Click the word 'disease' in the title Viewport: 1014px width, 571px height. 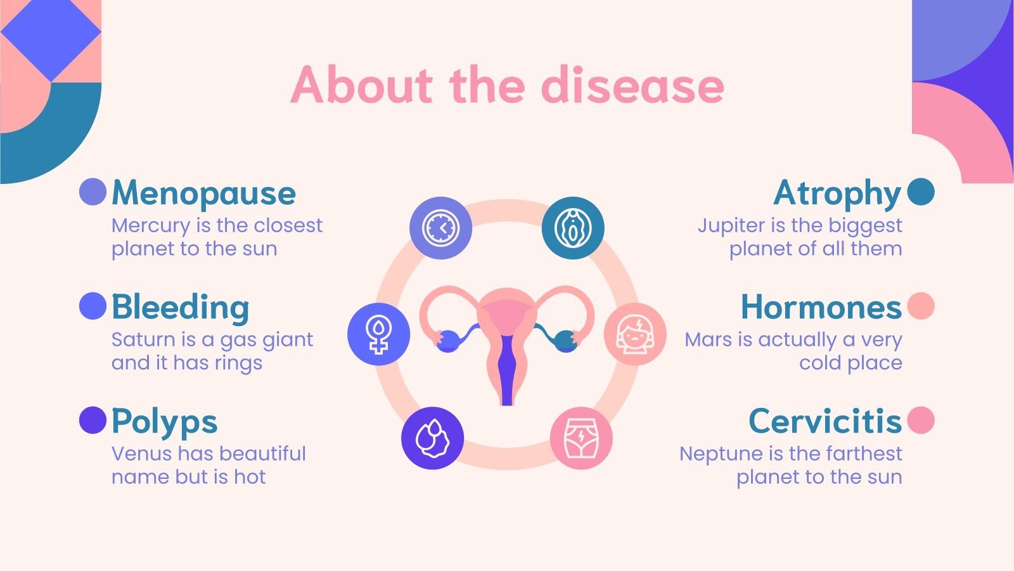coord(633,85)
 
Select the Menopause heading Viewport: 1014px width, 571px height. coord(203,194)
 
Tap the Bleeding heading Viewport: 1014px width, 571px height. coord(181,307)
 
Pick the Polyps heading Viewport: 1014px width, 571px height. coord(165,421)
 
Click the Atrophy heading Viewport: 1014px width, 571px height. coord(837,194)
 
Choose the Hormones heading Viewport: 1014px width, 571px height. coord(821,307)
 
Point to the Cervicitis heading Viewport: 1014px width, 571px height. coord(825,421)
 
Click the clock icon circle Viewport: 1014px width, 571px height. coord(440,228)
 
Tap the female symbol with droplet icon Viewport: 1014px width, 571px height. coord(378,334)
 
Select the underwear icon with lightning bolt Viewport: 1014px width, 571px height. coord(581,438)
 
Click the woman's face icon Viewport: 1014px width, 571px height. coord(634,334)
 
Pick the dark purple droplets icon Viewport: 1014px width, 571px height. coord(432,438)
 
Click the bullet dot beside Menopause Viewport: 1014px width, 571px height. coord(93,192)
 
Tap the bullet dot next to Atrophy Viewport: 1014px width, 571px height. coord(921,192)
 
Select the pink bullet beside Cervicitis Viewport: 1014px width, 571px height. coord(921,420)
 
